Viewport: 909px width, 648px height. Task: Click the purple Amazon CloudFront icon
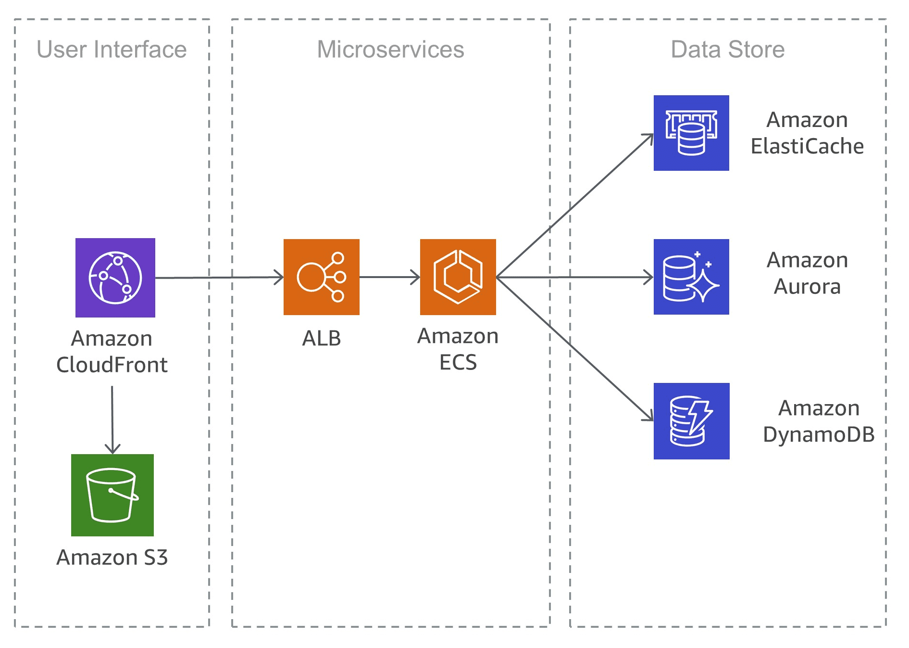coord(115,278)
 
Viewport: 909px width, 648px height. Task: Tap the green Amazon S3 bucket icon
coord(112,495)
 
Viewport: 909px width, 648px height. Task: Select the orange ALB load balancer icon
coord(321,277)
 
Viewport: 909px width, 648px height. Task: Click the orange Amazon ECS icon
coord(458,277)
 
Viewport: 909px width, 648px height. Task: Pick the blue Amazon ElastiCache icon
coord(691,133)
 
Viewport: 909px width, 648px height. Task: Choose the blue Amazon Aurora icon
coord(691,277)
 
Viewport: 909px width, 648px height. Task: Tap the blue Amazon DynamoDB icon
coord(691,421)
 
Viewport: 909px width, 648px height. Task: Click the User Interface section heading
coord(112,50)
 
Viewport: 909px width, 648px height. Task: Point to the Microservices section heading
coord(390,50)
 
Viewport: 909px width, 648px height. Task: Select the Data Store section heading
coord(727,50)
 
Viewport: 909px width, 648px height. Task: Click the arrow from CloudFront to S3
coord(112,419)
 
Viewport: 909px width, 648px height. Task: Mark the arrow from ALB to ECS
coord(389,277)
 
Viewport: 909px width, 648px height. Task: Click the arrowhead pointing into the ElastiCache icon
coord(649,137)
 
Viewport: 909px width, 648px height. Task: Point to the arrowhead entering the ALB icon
coord(279,277)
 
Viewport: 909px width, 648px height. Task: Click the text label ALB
coord(321,338)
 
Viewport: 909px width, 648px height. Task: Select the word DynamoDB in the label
coord(818,435)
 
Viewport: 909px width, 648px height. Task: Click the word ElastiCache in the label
coord(807,146)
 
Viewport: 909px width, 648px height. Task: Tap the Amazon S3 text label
coord(112,558)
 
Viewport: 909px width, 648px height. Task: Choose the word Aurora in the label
coord(807,287)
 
